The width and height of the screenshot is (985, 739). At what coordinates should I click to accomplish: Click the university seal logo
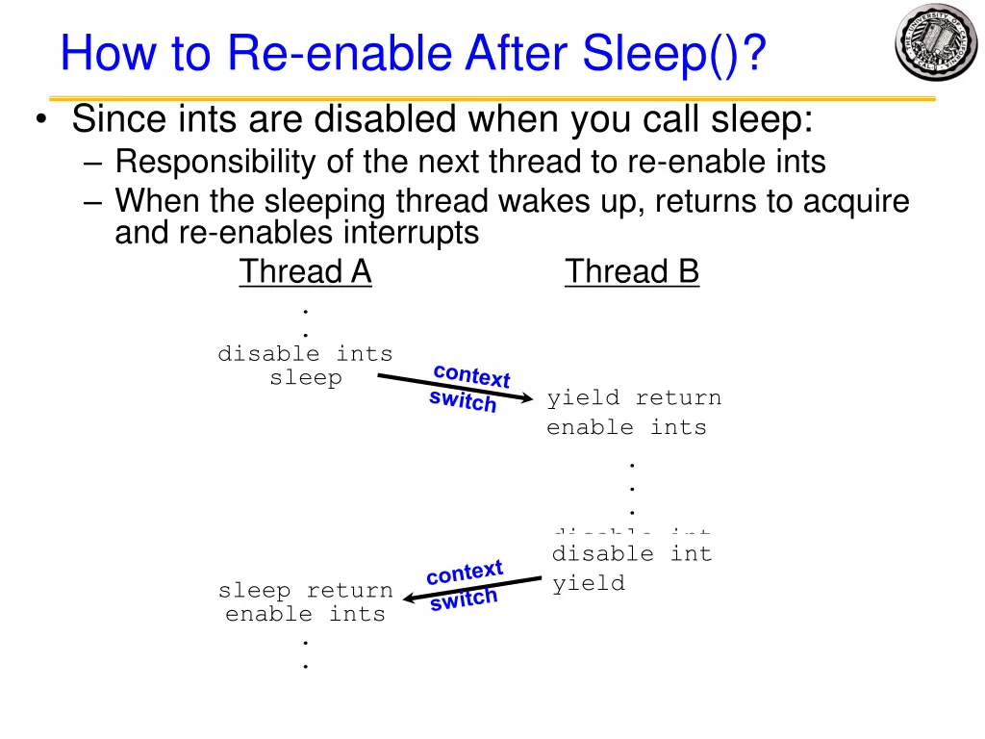pos(936,42)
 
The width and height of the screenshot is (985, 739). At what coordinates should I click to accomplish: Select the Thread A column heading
pos(305,272)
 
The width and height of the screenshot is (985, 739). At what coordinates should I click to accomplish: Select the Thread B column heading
pos(632,272)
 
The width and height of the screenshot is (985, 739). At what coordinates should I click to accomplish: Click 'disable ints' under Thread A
pos(305,354)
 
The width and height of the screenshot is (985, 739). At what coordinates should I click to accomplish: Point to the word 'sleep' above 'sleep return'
pos(305,378)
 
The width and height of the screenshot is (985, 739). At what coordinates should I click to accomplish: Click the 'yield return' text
pos(633,398)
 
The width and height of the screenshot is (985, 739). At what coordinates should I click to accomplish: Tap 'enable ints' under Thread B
pos(626,427)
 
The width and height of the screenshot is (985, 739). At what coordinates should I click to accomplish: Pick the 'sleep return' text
pos(305,591)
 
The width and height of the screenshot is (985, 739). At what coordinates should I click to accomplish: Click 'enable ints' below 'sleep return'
pos(305,614)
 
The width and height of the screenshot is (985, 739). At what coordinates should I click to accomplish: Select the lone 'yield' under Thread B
pos(588,583)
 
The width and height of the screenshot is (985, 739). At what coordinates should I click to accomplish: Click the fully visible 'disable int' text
pos(632,554)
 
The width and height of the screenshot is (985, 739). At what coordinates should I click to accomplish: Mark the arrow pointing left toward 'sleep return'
pos(471,589)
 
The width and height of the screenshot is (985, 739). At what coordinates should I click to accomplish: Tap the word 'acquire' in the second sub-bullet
pos(855,202)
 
